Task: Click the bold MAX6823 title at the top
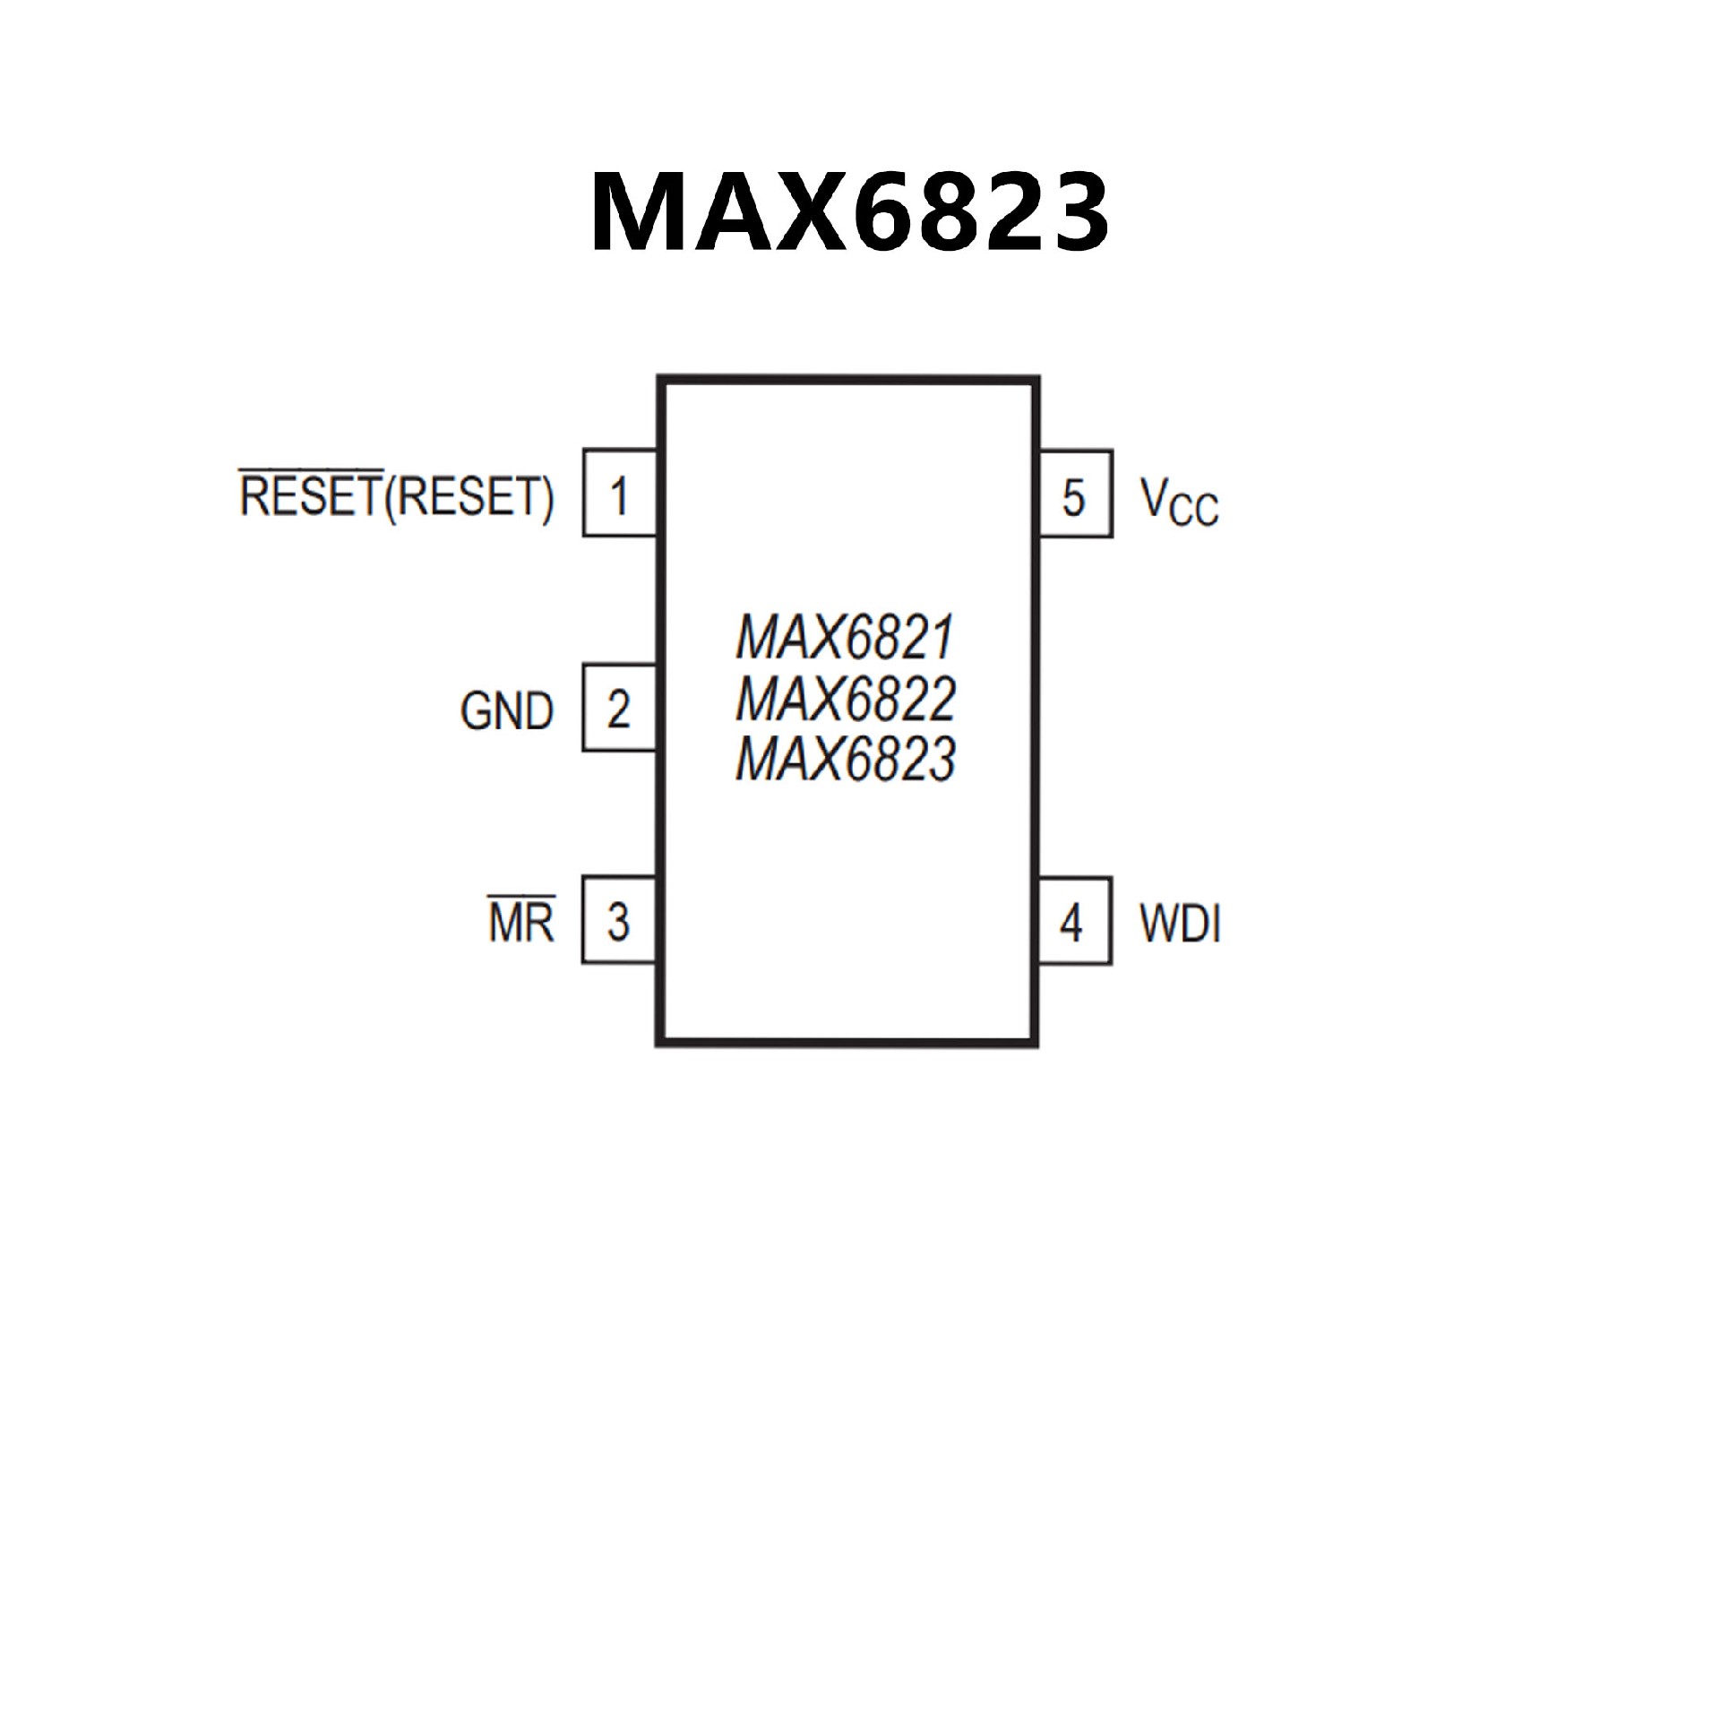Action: [849, 211]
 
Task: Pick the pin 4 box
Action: [1075, 921]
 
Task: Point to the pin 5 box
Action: [1075, 494]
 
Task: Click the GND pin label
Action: [507, 712]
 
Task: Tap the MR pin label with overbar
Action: [521, 921]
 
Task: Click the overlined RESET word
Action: [311, 495]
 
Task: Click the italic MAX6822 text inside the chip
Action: [846, 700]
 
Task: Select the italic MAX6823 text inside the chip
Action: [846, 759]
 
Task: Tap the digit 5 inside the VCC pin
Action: [1073, 497]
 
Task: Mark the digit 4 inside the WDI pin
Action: [1071, 923]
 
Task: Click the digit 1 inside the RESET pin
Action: [618, 495]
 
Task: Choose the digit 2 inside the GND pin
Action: [618, 709]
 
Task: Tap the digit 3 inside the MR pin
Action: [618, 921]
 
